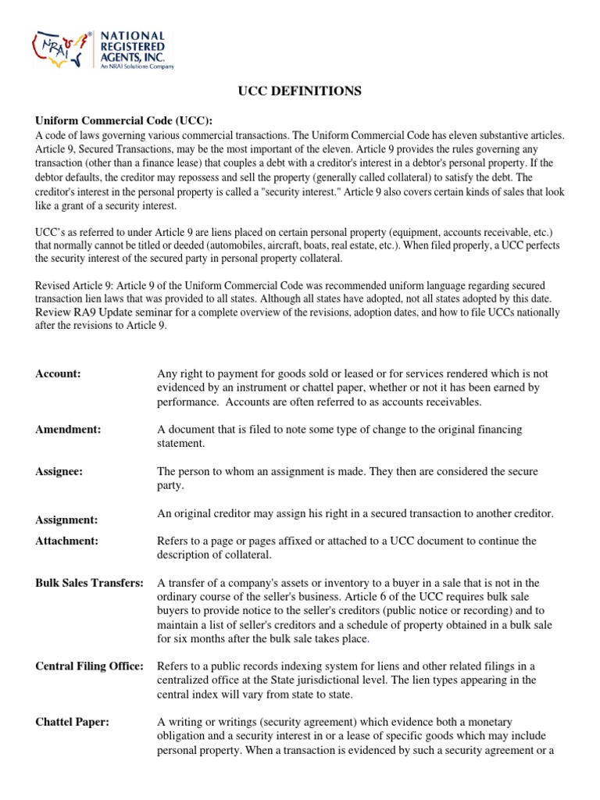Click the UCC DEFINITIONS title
pos(300,91)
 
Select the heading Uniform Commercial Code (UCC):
pos(123,120)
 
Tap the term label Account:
pos(59,374)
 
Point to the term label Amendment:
pos(68,430)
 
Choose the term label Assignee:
pos(59,472)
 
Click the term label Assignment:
pos(66,520)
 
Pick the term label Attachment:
pos(66,541)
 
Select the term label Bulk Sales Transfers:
pos(90,583)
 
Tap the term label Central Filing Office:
pos(90,666)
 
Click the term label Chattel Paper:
pos(72,722)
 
